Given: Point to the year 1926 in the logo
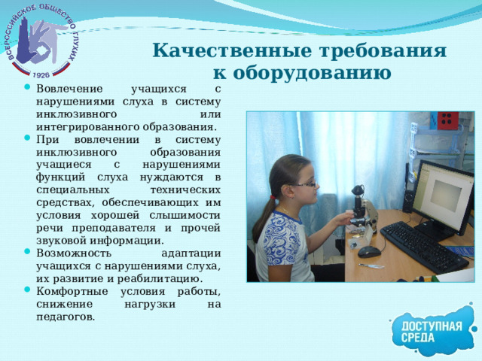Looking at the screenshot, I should click(x=41, y=74).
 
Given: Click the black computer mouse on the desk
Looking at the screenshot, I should click(x=368, y=251).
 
